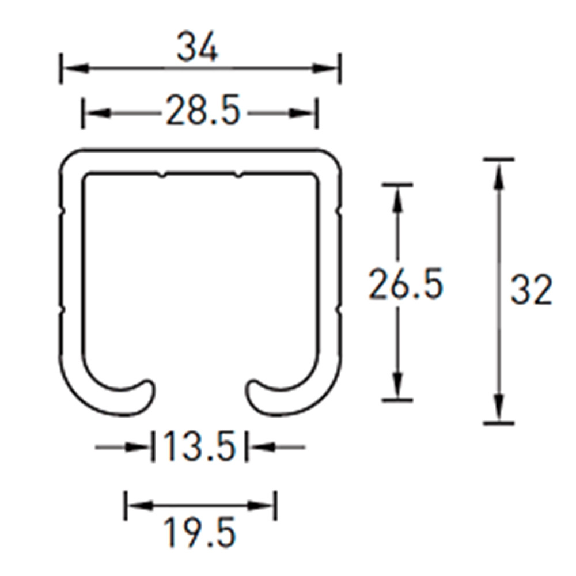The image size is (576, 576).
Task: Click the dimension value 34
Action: (x=197, y=47)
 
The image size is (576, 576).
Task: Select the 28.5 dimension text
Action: (x=203, y=110)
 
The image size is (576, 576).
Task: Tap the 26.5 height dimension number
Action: (x=406, y=283)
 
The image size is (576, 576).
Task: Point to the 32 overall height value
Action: (x=531, y=290)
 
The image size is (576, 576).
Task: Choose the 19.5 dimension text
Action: (x=199, y=532)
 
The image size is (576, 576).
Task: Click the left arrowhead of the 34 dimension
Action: (x=75, y=69)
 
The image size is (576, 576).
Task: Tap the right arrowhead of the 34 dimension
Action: (x=325, y=69)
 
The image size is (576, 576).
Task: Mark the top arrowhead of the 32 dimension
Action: (x=498, y=176)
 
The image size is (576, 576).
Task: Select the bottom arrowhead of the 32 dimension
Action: (x=498, y=408)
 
